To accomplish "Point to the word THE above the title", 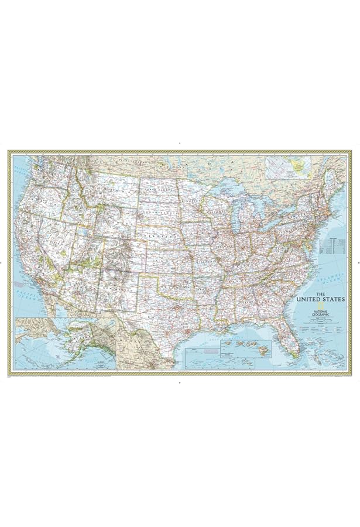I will click(x=321, y=294).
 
